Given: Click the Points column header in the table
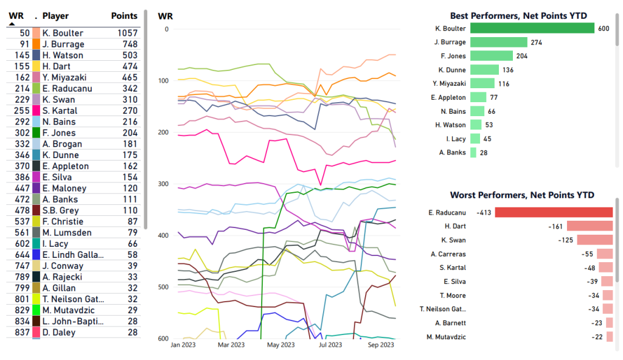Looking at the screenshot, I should click(124, 16).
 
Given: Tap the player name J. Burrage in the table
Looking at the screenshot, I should click(63, 44).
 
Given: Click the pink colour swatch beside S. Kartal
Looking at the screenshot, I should click(37, 111).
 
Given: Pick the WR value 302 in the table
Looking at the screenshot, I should click(22, 133).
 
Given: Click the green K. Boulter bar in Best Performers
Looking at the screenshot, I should click(532, 29).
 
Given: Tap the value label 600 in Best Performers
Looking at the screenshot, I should click(604, 29).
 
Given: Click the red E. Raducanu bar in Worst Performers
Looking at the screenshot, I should click(554, 212).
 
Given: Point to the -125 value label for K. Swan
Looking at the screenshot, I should click(566, 240).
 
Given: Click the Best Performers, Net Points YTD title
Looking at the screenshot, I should click(521, 16).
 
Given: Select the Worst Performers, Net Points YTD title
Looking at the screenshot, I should click(521, 195).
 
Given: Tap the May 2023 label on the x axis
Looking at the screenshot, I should click(280, 345).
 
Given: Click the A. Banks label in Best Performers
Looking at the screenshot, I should click(453, 153).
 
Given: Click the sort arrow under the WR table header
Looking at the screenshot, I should click(12, 24).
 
